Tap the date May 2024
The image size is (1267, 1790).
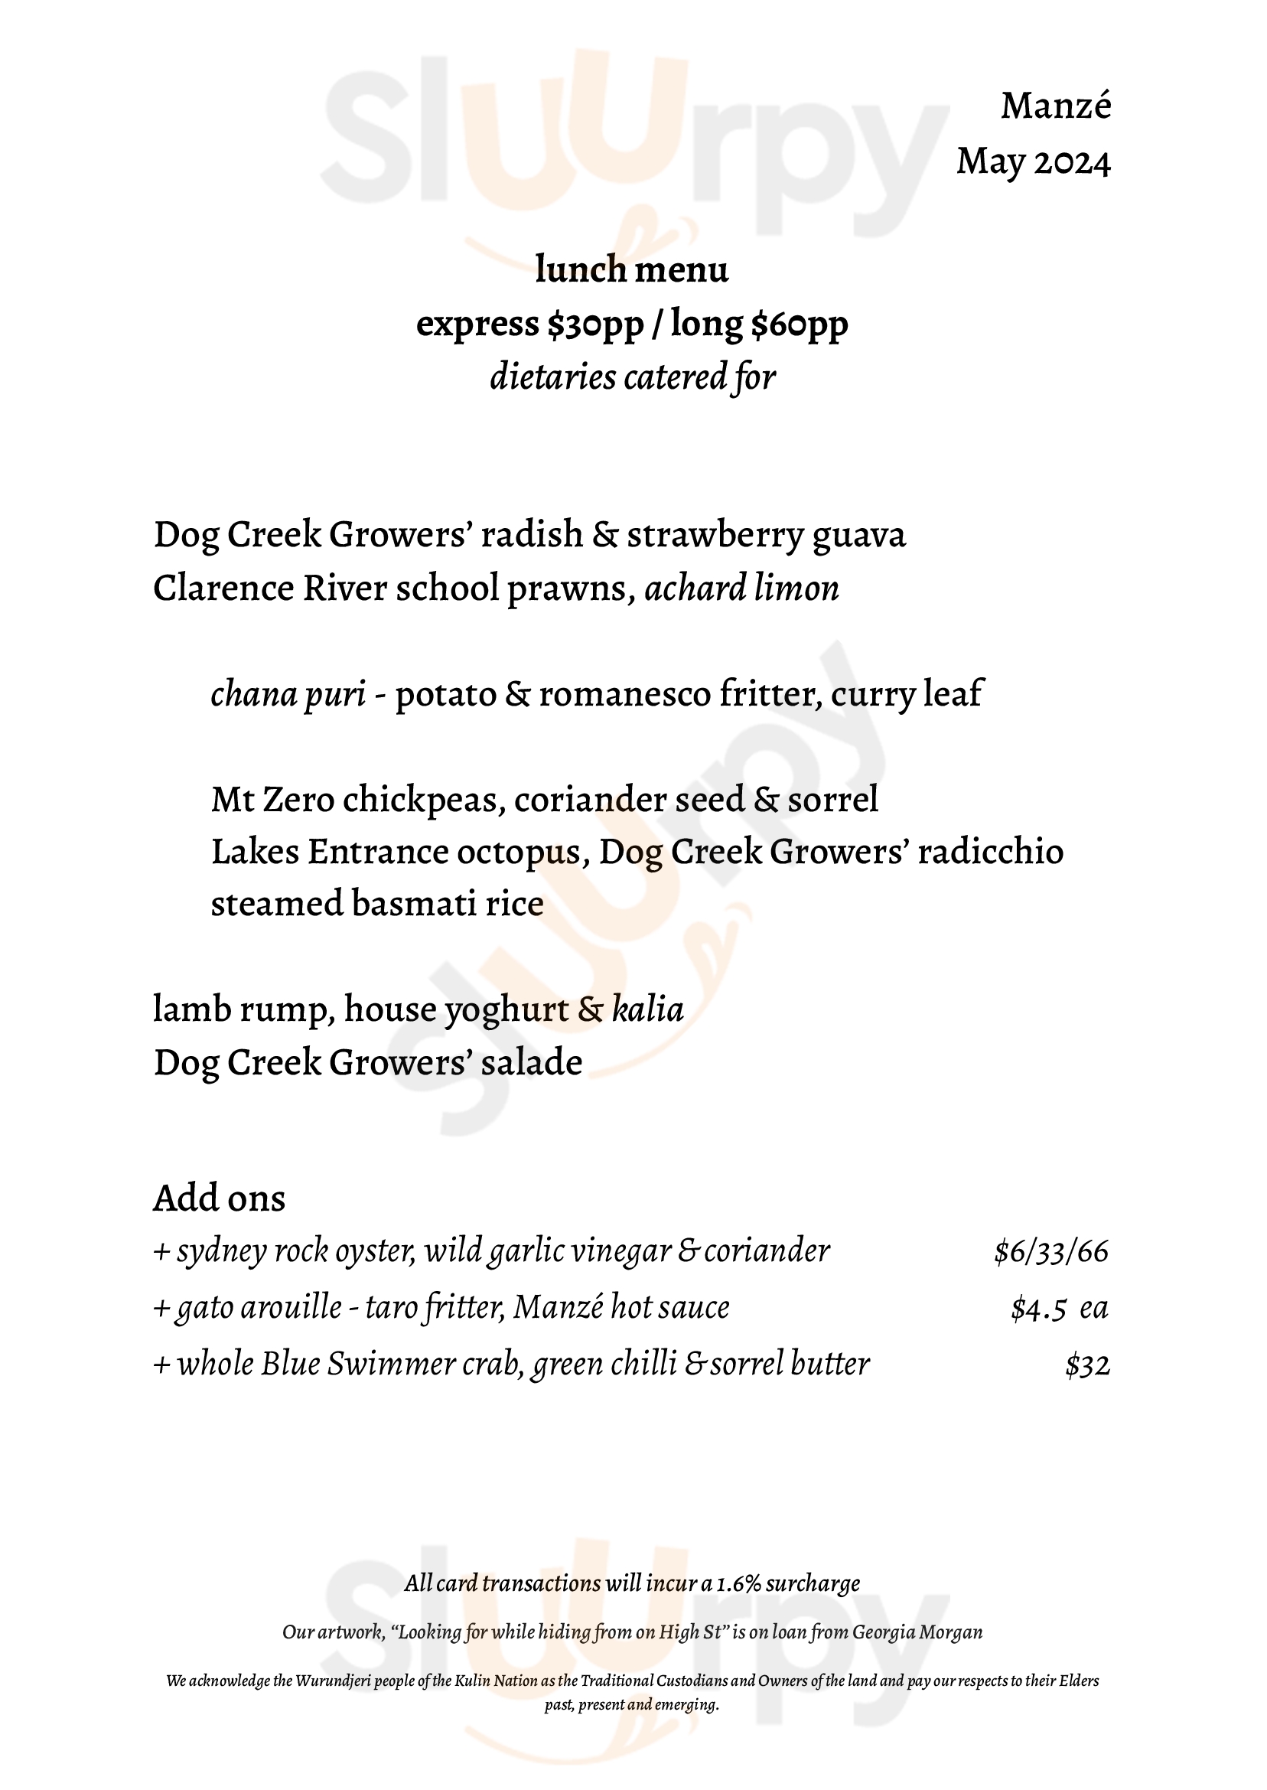(x=1033, y=162)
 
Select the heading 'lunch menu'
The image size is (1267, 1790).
(x=632, y=270)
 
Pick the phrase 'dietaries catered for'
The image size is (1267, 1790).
(x=632, y=377)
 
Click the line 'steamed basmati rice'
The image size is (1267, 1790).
(x=377, y=905)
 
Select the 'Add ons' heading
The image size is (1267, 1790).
(x=220, y=1198)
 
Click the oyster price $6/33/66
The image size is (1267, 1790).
(x=1051, y=1252)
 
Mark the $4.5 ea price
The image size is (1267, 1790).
(x=1059, y=1309)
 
